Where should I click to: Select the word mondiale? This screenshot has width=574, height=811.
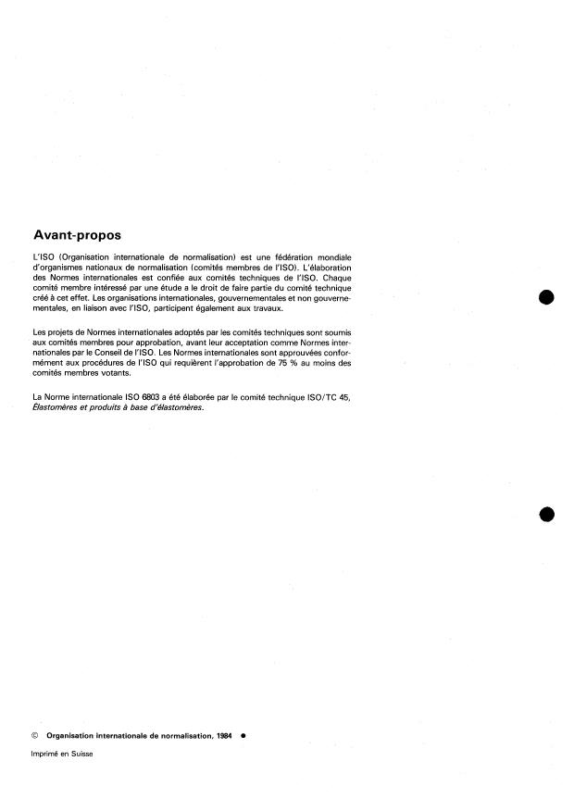point(335,256)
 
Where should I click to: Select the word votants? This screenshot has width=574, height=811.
point(125,374)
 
